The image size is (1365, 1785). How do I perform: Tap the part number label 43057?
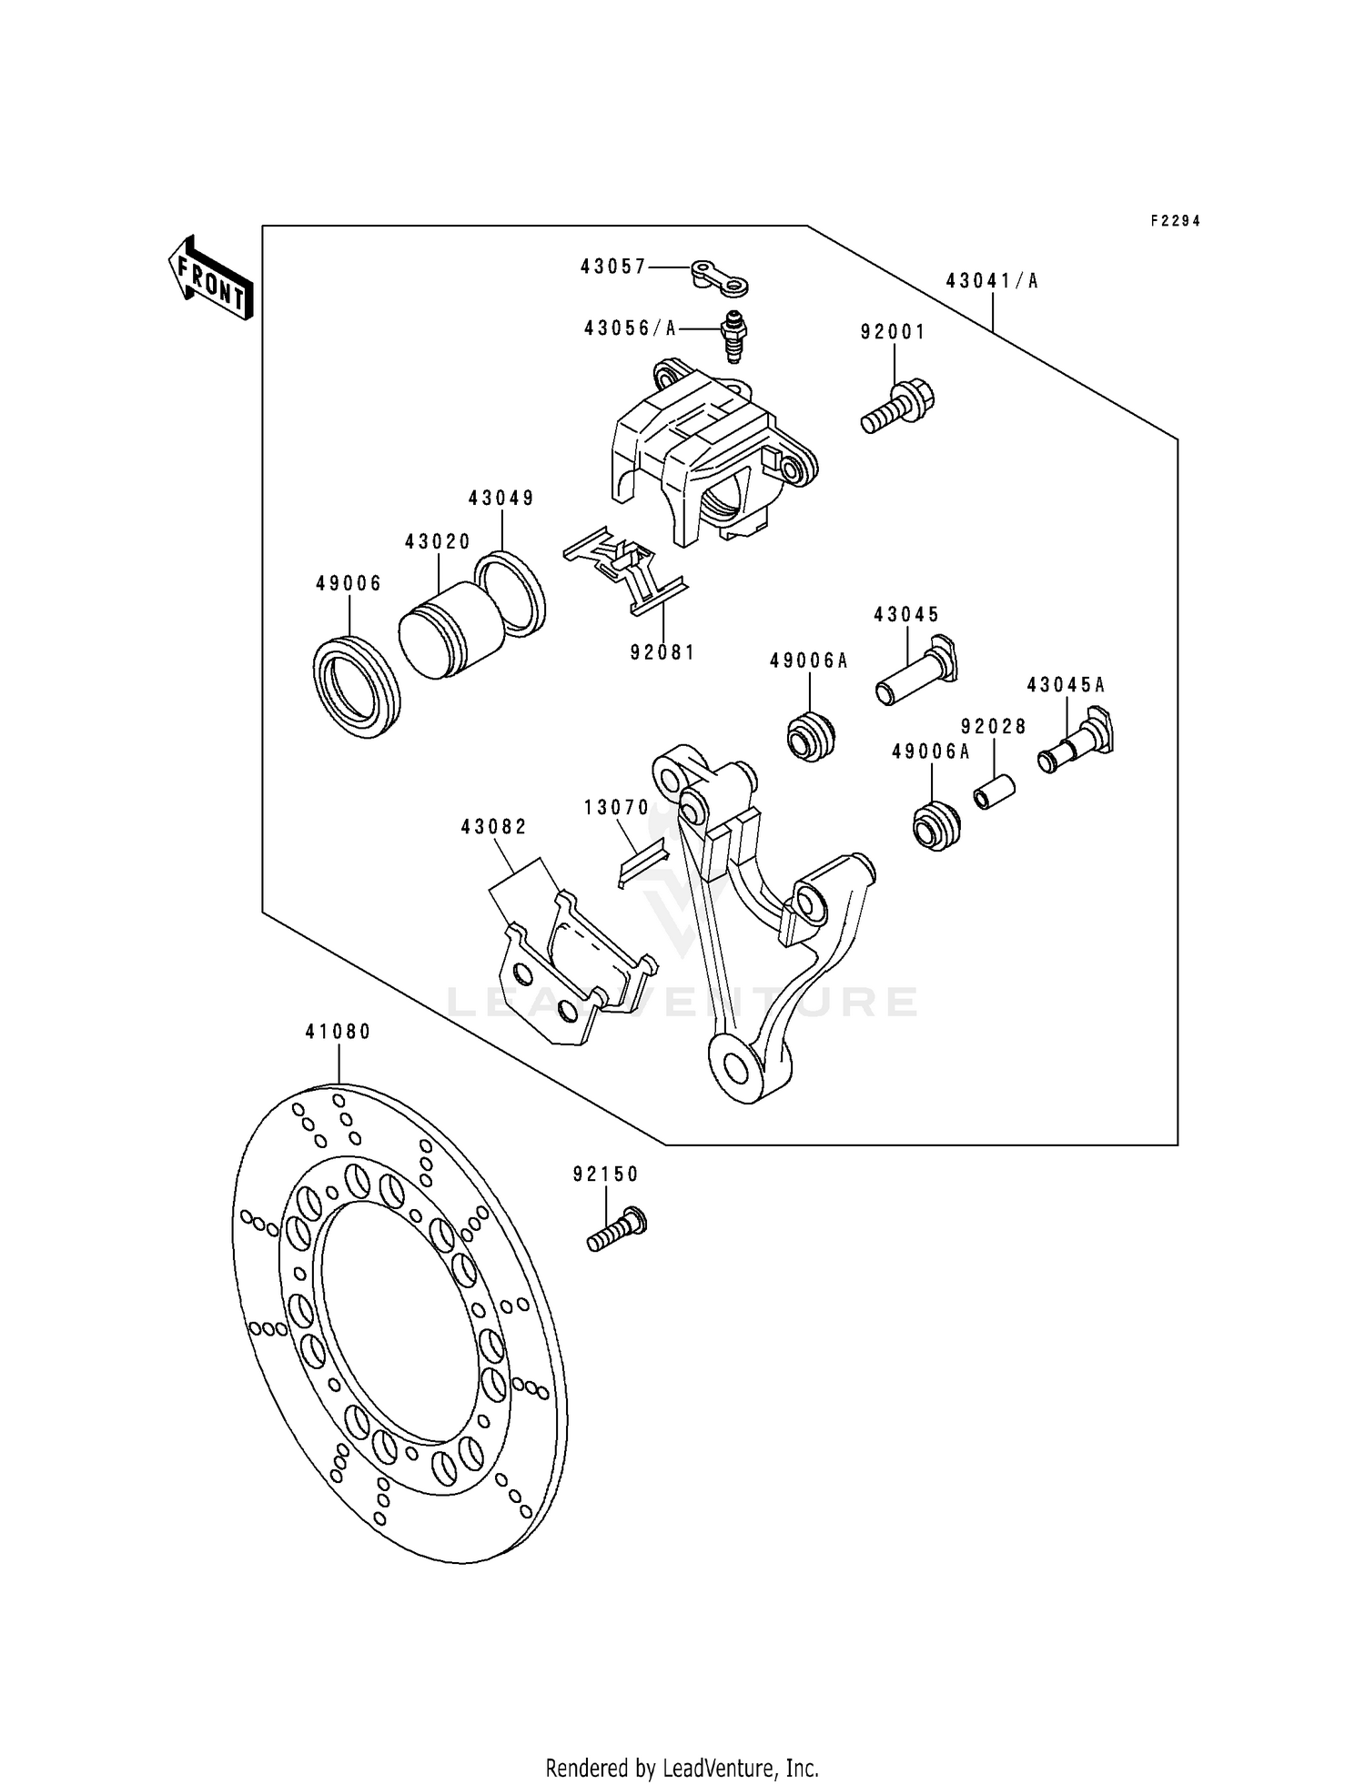[x=613, y=267]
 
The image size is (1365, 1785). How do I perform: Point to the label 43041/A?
[x=991, y=281]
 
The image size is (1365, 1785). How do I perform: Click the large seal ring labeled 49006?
[x=357, y=687]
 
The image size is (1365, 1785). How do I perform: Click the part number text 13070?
[x=617, y=808]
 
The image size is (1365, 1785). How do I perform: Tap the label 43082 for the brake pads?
[x=493, y=827]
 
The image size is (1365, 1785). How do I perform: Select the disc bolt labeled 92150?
[x=616, y=1229]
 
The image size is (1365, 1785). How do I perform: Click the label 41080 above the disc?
[x=338, y=1032]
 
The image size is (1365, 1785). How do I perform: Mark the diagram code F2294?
[x=1175, y=221]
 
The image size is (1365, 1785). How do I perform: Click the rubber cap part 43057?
[x=721, y=277]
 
